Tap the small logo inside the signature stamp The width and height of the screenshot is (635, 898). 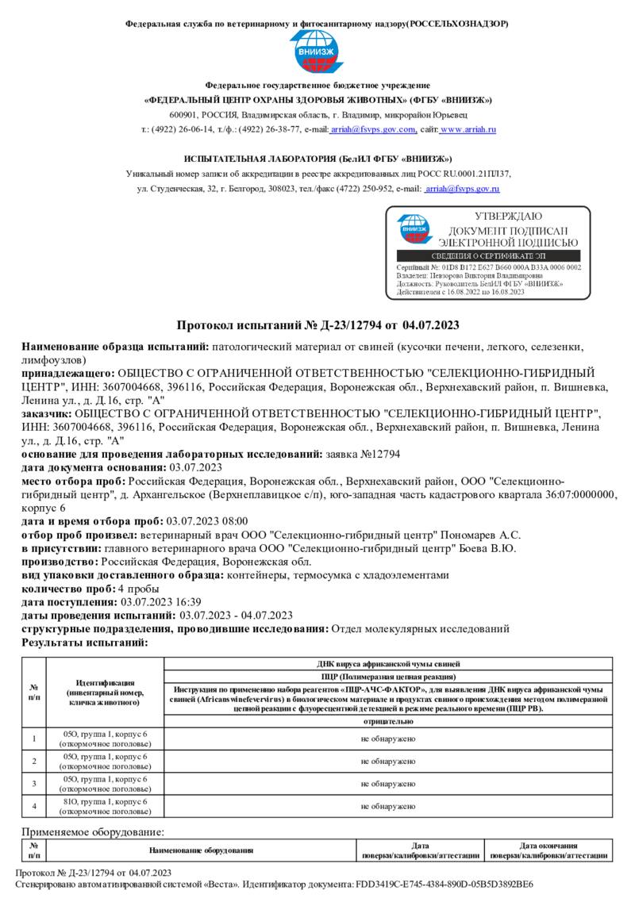pos(414,228)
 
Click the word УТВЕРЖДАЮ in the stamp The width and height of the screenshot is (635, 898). pos(508,217)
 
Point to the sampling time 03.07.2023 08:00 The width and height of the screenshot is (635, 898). pos(206,521)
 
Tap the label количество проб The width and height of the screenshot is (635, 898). pos(67,589)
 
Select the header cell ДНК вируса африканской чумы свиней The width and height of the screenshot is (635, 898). pos(387,663)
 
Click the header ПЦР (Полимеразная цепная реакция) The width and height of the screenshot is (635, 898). pos(387,677)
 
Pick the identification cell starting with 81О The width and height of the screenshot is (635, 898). pos(105,806)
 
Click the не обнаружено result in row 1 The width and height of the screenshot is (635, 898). pos(387,739)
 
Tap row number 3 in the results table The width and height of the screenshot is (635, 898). pos(34,784)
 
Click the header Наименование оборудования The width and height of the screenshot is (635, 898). pos(201,850)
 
